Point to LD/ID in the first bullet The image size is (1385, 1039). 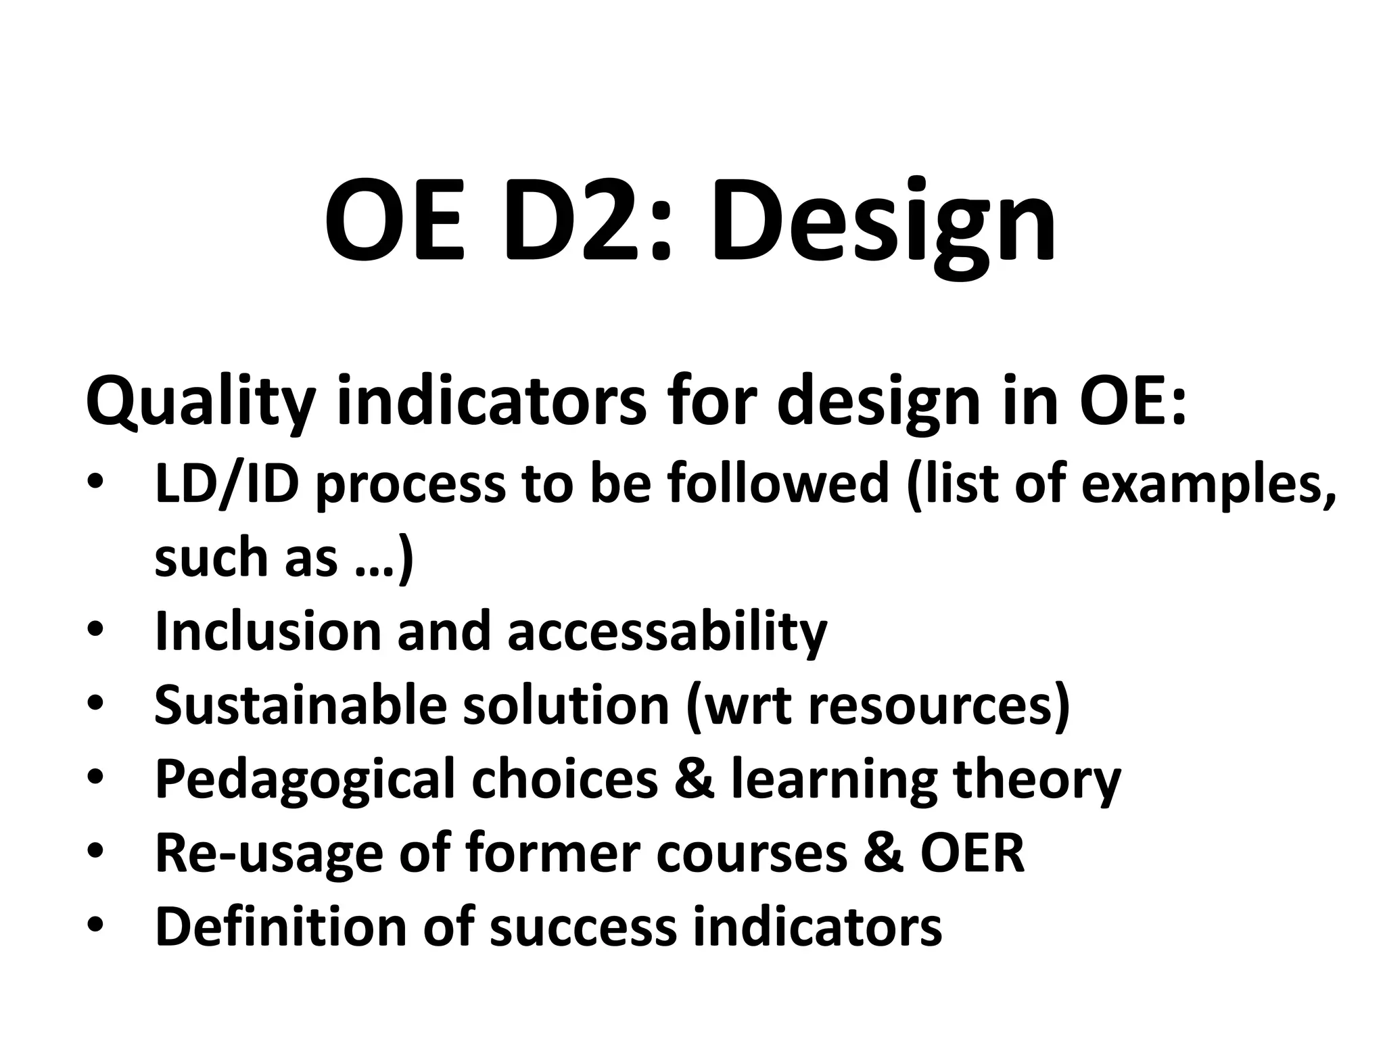coord(227,484)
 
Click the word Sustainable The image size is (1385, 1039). coord(300,706)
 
